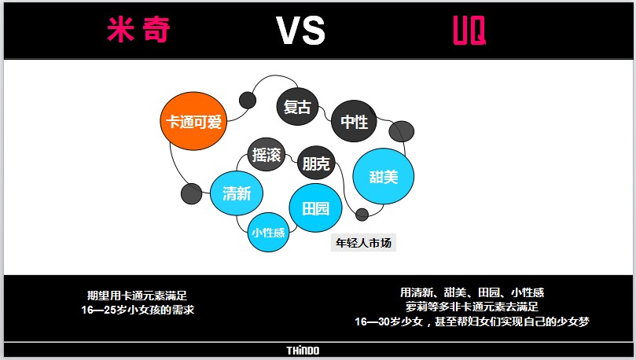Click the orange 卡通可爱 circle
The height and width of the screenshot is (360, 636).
click(193, 121)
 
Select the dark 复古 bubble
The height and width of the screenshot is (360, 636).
click(297, 106)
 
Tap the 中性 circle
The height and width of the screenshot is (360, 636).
click(354, 121)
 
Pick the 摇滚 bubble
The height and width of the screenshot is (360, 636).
click(267, 155)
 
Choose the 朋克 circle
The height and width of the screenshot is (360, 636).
click(316, 163)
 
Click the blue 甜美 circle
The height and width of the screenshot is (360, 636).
click(384, 176)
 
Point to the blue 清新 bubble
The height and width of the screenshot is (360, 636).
click(237, 193)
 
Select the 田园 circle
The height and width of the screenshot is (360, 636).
click(315, 208)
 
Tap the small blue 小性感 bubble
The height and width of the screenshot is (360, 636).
click(268, 233)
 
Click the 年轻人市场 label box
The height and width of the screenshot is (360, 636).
click(363, 243)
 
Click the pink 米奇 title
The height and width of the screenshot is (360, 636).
click(138, 29)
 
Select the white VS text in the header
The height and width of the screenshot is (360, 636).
click(300, 30)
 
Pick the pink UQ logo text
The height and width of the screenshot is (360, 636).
click(469, 30)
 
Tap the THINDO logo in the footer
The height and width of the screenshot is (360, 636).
click(303, 351)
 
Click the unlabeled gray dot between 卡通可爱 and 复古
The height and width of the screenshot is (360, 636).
click(248, 100)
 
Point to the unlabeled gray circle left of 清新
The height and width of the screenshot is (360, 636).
click(192, 194)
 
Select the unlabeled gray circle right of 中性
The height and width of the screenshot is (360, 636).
click(402, 131)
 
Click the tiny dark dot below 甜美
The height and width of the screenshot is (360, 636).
click(362, 215)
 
